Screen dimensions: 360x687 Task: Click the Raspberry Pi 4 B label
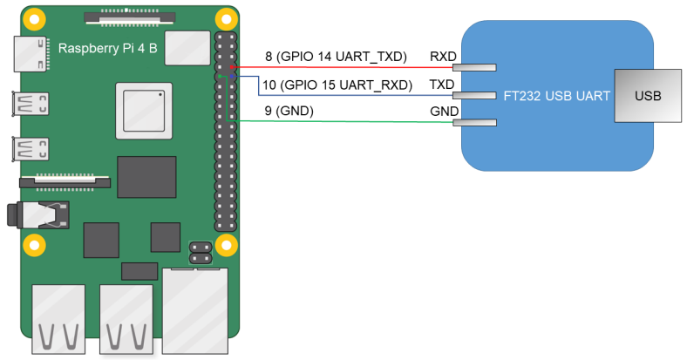click(107, 47)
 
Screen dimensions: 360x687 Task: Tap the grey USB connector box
click(648, 94)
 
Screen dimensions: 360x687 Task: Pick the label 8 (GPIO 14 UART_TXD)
click(336, 57)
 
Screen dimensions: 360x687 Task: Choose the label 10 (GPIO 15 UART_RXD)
click(336, 85)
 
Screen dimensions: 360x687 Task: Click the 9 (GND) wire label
click(289, 111)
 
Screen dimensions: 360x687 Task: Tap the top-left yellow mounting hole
click(35, 18)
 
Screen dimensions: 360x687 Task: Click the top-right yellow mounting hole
click(226, 18)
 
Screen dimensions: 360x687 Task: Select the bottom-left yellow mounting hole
click(35, 244)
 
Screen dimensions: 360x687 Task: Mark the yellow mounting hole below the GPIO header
click(226, 244)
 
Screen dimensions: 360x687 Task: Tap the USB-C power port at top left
click(31, 53)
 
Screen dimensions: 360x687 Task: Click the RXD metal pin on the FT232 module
click(478, 67)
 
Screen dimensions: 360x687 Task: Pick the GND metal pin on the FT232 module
click(478, 123)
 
